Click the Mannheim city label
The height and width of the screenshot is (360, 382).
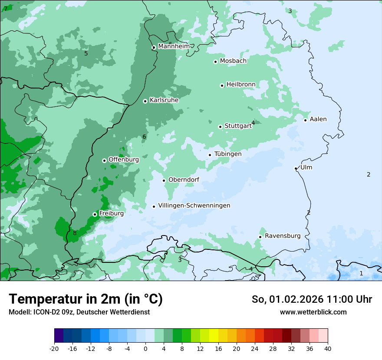[x=174, y=46]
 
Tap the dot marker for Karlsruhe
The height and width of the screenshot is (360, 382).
[x=145, y=101]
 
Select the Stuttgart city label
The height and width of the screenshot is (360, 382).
[x=238, y=126]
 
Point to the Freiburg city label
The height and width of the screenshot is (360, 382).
[x=111, y=213]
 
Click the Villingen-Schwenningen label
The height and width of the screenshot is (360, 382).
[x=194, y=206]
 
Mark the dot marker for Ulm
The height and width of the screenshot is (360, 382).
[x=296, y=168]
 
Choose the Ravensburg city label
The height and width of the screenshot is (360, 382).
[x=283, y=236]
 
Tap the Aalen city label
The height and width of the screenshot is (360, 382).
[x=318, y=119]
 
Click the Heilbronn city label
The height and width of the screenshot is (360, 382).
[x=241, y=84]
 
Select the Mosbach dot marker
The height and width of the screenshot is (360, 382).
[x=215, y=62]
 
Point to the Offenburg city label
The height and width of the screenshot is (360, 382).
[x=124, y=160]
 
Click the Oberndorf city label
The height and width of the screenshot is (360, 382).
[x=184, y=180]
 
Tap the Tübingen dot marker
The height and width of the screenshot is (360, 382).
[x=210, y=155]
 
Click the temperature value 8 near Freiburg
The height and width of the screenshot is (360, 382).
[x=75, y=233]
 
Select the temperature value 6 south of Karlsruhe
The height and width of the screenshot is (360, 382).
[x=144, y=137]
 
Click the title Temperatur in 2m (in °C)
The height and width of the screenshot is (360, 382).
[x=86, y=299]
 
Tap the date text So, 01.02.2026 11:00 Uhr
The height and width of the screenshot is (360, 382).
[x=312, y=299]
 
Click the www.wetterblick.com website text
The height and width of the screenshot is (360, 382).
[x=313, y=312]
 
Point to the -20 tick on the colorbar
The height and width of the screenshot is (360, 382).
[x=54, y=349]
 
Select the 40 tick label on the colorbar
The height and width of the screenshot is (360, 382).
[x=328, y=349]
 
